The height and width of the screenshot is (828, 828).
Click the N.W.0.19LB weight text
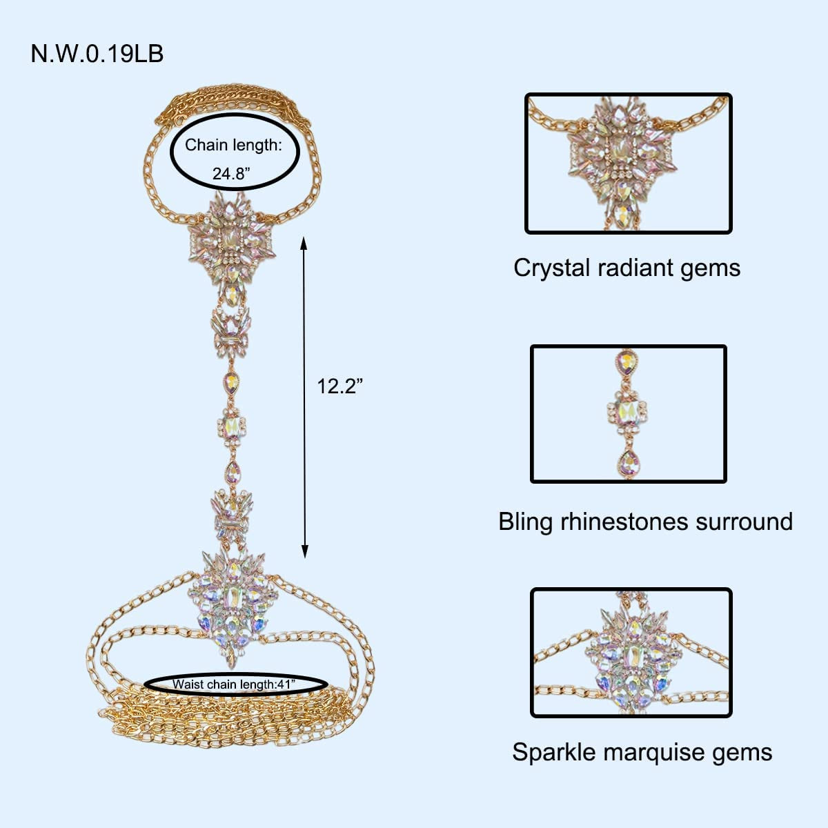(97, 54)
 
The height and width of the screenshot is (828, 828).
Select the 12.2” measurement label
(339, 386)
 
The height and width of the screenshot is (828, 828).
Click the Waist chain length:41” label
(234, 684)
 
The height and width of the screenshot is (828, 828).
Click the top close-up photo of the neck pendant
(628, 164)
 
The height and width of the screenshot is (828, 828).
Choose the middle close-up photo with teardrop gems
(628, 414)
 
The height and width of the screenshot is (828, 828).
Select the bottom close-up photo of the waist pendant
(631, 652)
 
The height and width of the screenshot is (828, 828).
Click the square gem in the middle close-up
(629, 412)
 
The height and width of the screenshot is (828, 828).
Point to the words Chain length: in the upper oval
(233, 146)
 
